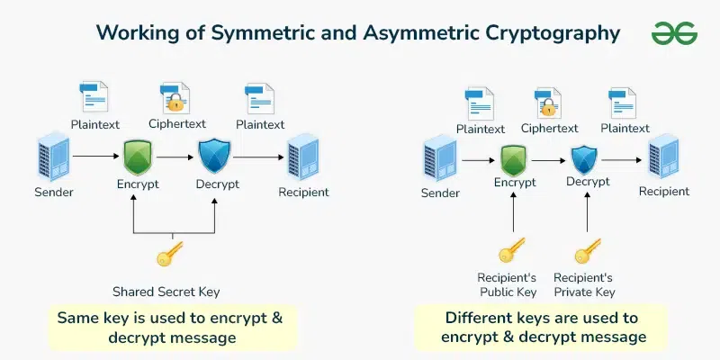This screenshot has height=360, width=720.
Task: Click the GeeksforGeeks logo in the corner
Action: pos(673,33)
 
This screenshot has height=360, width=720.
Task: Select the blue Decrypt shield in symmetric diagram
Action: pos(215,156)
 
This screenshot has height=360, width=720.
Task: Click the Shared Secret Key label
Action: pos(166,292)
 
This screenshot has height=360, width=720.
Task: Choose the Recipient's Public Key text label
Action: pos(508,284)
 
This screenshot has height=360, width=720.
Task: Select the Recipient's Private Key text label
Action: pos(583,284)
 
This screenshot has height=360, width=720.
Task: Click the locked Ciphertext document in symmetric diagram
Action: pos(175,97)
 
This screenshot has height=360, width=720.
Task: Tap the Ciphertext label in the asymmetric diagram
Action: pos(549,129)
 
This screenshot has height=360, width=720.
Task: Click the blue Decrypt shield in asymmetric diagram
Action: pos(588,160)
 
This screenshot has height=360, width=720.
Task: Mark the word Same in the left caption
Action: pos(78,318)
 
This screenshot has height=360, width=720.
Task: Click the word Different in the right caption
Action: pos(488,318)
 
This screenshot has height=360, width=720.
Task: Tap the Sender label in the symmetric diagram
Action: pos(54,192)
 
